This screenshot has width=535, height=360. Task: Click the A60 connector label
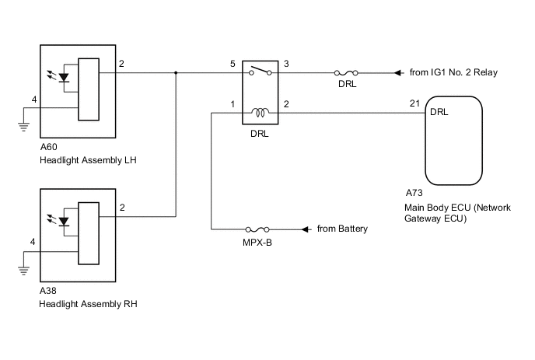click(x=48, y=149)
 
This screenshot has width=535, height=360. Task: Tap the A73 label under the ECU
click(x=414, y=192)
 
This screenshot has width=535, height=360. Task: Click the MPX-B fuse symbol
click(x=257, y=230)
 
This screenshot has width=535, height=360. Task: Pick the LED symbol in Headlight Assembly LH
click(x=65, y=79)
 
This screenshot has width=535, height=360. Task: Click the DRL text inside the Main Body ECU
click(x=439, y=113)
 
